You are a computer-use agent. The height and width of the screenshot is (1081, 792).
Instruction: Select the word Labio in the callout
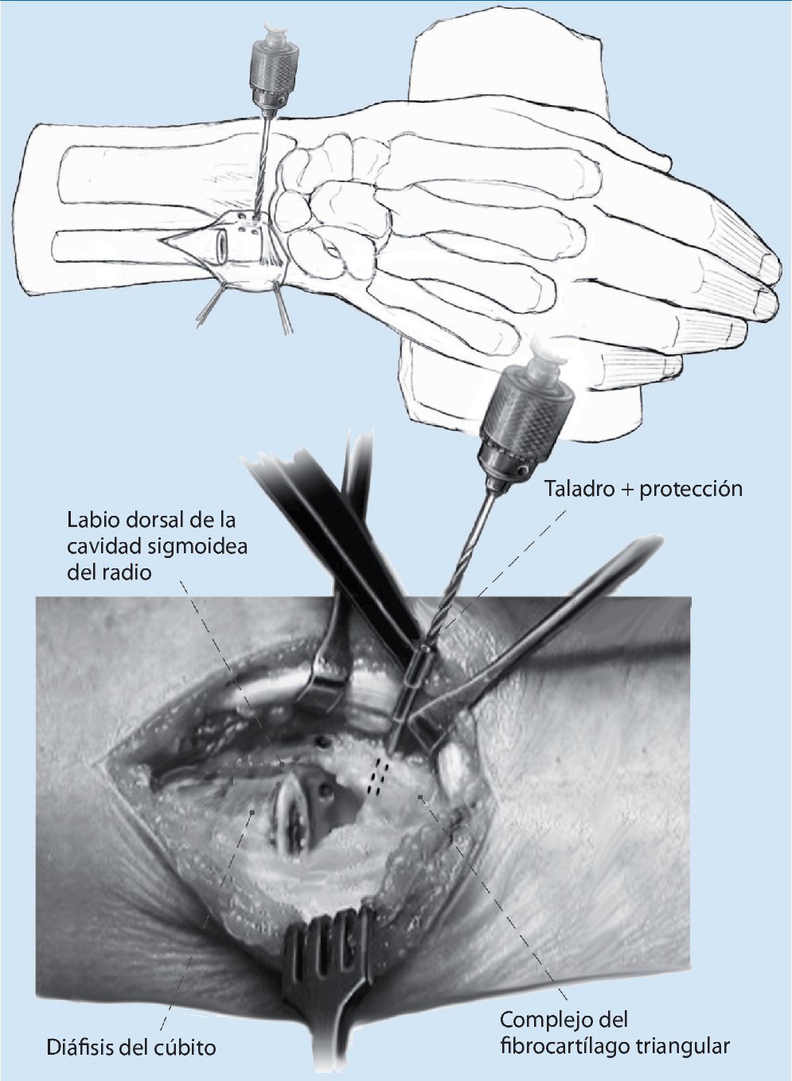coord(90,522)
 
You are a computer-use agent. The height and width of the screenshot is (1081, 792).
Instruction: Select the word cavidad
coord(99,548)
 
